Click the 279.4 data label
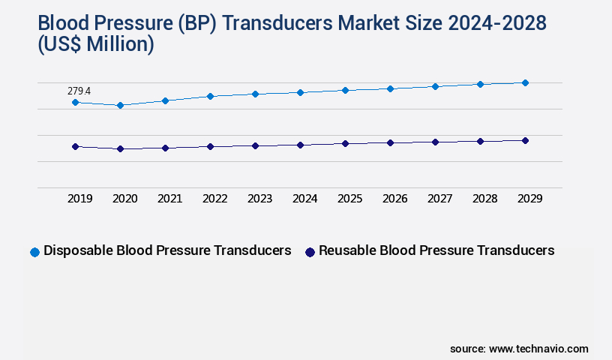pos(79,91)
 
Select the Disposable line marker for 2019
pos(75,102)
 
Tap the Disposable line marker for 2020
pos(120,106)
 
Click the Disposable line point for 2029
pos(525,82)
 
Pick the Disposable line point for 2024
pos(300,92)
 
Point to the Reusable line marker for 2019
pos(75,146)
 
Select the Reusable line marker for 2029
pos(525,140)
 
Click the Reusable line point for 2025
pos(345,143)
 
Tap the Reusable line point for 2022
pos(210,146)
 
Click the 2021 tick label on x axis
pos(169,199)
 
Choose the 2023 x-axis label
pos(259,199)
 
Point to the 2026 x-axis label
pos(394,199)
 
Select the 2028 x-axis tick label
pos(484,199)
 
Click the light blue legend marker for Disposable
pos(34,252)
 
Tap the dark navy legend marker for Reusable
pos(309,252)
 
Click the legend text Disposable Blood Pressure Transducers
pos(167,250)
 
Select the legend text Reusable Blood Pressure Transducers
pos(436,250)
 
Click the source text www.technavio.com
pos(538,349)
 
